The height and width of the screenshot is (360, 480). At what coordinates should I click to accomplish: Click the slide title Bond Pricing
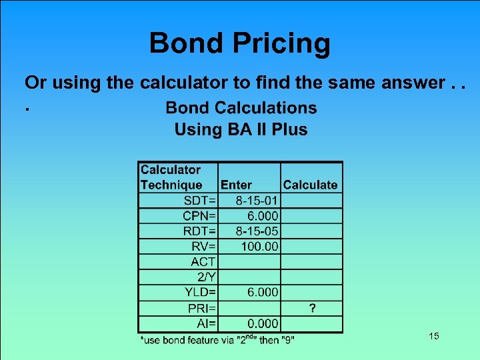pos(239,43)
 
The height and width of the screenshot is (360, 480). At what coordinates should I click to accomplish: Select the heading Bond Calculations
pos(241,107)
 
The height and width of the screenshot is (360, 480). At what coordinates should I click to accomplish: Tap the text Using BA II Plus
pos(241,129)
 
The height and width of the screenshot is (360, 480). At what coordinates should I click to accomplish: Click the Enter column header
pos(236,185)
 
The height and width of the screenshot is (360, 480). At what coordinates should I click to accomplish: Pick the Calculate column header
pos(310,185)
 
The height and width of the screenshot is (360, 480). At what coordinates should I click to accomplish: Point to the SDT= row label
pos(200,201)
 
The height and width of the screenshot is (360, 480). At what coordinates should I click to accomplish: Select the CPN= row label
pos(199,216)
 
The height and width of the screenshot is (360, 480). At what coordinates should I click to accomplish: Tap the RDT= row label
pos(199,231)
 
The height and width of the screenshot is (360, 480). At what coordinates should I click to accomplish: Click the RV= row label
pos(204,247)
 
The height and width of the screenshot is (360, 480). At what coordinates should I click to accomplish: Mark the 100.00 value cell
pos(260,247)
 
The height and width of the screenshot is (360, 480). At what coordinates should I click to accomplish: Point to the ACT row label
pos(203,262)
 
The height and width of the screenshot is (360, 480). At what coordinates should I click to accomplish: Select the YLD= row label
pos(200,292)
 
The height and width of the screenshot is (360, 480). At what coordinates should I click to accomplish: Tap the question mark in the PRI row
pos(312,307)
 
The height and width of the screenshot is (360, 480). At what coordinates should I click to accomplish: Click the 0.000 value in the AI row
pos(262,323)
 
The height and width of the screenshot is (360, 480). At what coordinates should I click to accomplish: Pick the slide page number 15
pos(434,336)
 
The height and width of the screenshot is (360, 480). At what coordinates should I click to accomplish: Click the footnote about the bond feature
pos(217,340)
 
